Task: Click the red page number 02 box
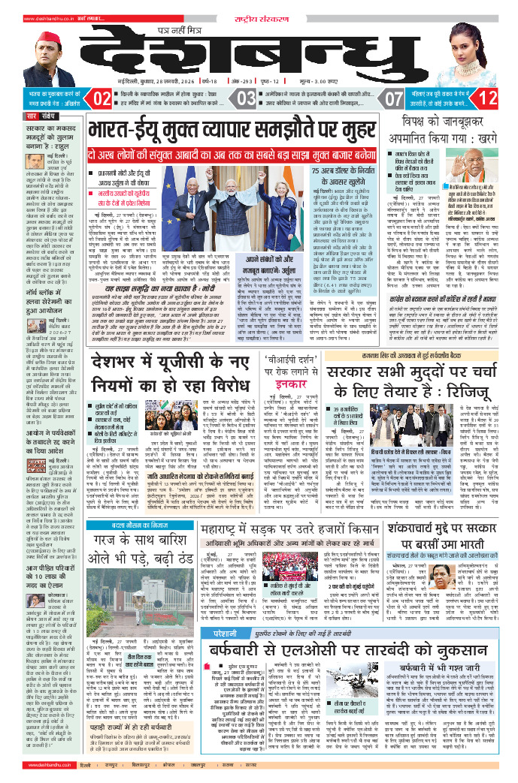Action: (104, 98)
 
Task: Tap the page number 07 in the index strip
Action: (394, 98)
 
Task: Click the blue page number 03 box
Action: (247, 98)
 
